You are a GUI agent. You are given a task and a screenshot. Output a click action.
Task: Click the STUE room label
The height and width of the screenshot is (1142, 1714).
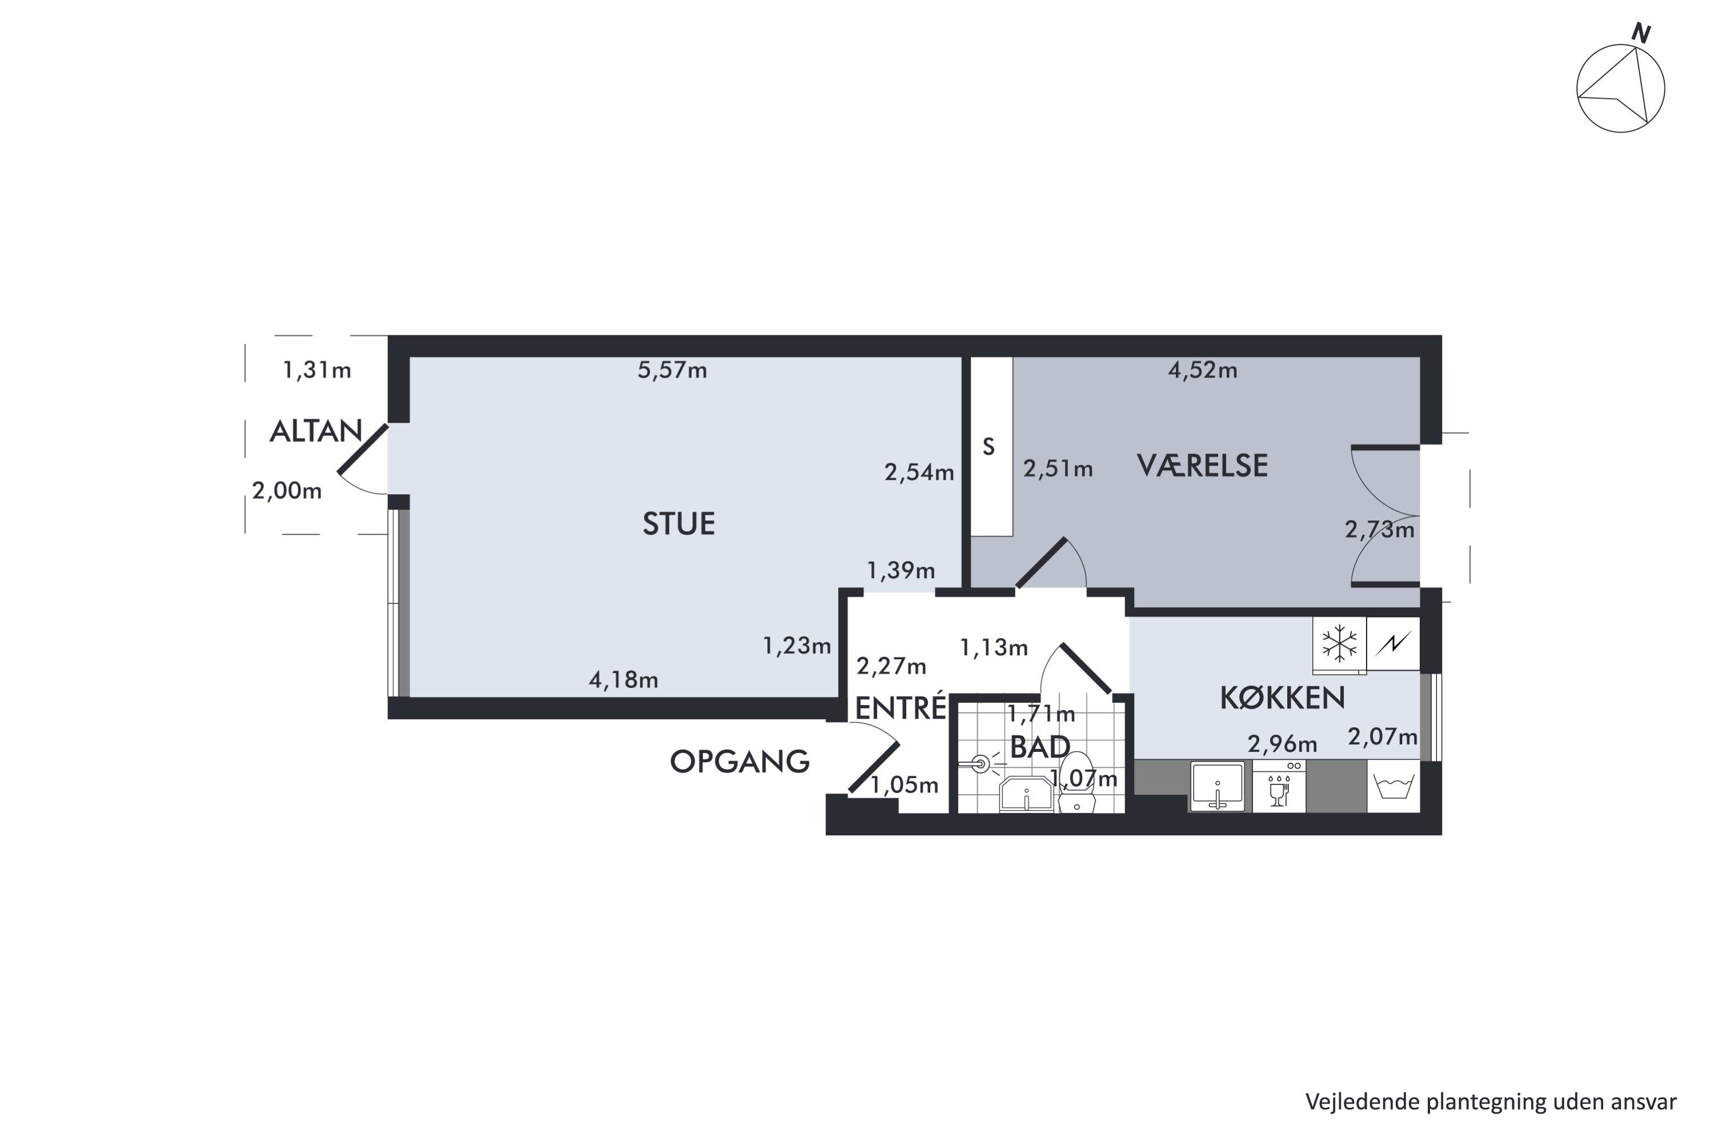coord(678,524)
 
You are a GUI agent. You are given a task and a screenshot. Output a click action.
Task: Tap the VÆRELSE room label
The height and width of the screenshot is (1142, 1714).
coord(1203,466)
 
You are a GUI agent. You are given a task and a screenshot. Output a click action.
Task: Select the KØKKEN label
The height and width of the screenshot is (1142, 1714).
coord(1282,698)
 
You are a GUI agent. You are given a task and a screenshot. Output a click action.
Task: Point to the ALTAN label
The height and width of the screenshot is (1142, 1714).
coord(316,432)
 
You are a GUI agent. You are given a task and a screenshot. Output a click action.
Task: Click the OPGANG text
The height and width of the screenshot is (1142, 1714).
coord(739,762)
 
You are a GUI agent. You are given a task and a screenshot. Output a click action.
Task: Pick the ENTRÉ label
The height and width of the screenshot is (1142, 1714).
coord(900,707)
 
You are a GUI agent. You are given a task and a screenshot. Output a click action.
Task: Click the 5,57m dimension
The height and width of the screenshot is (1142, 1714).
coord(672,370)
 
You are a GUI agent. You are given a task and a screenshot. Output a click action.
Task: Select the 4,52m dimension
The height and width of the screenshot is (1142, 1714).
coord(1203,370)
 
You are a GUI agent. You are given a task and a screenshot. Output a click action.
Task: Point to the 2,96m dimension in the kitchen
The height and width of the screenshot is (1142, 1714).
coord(1282,744)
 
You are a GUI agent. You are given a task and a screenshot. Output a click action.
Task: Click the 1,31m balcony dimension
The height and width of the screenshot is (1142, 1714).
coord(317,370)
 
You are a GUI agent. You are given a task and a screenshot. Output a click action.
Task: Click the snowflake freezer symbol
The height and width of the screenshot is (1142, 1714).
coord(1340,644)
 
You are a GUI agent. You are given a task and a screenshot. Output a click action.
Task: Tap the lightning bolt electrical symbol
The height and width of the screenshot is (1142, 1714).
coord(1393,643)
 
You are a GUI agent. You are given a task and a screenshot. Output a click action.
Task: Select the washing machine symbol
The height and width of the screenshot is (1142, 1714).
coord(1393,787)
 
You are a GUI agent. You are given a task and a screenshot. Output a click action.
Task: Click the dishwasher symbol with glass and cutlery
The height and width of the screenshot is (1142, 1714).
coord(1279,787)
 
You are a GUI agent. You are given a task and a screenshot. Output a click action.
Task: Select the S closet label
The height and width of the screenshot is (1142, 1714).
coord(988,446)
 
